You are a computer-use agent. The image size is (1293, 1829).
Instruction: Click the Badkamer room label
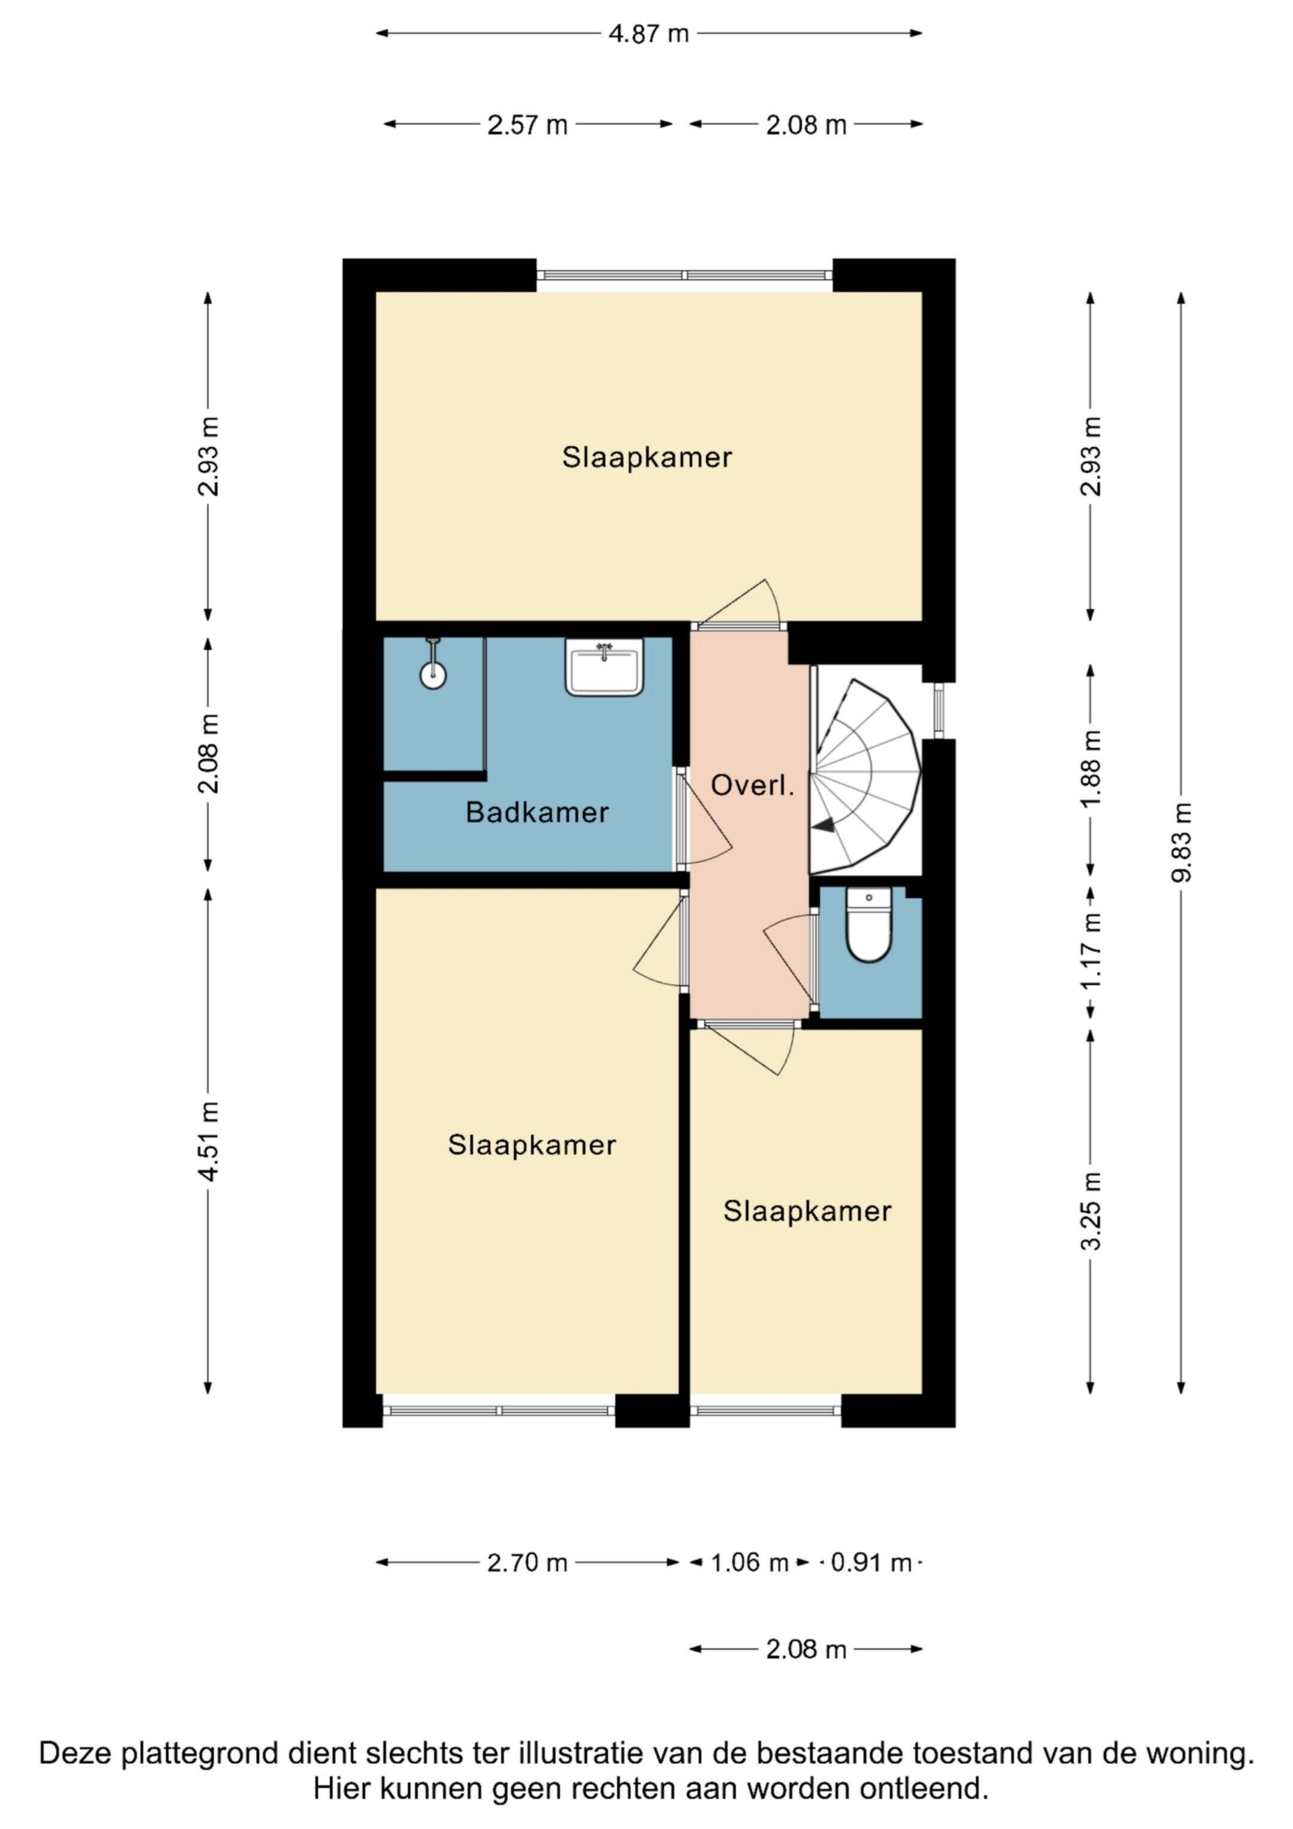(x=537, y=812)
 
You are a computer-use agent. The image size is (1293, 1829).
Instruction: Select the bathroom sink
(x=605, y=667)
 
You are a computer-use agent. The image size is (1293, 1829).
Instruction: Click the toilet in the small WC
(x=869, y=926)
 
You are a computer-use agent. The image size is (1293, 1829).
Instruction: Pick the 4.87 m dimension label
(x=648, y=34)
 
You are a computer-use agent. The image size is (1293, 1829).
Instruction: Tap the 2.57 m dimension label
(x=527, y=125)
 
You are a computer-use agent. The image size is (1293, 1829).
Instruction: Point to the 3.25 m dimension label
(x=1091, y=1211)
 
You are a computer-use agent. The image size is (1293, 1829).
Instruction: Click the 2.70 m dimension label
(x=527, y=1563)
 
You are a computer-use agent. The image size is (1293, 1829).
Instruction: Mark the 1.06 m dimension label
(x=749, y=1563)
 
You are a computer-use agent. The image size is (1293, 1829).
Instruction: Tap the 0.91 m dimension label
(x=871, y=1563)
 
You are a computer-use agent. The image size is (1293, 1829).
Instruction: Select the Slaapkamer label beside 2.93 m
(x=647, y=457)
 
